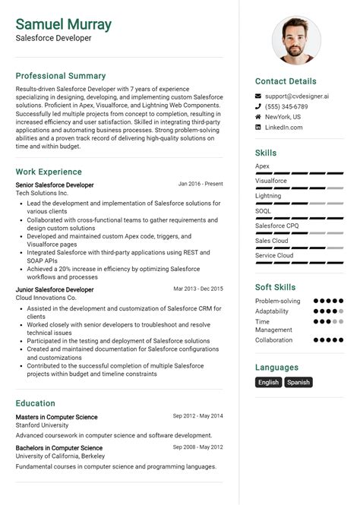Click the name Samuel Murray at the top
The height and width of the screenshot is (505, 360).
[63, 24]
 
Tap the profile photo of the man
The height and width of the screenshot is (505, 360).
[296, 40]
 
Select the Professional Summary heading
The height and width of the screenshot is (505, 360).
[61, 76]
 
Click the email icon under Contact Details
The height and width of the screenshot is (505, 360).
[258, 96]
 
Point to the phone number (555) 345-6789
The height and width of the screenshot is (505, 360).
[286, 107]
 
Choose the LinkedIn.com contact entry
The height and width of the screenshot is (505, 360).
[284, 128]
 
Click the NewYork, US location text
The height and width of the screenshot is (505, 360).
[283, 117]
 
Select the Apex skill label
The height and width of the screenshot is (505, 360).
[262, 166]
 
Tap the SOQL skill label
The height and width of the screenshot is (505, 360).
[264, 210]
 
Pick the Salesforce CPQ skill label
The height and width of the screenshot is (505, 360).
[276, 226]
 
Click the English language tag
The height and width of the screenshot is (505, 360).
[268, 382]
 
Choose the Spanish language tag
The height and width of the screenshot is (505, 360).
[298, 382]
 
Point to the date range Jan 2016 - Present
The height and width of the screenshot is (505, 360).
[201, 184]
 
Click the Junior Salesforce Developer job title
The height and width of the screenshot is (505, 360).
[55, 289]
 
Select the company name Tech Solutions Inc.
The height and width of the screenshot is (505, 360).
[42, 194]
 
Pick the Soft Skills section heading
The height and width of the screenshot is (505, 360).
[275, 287]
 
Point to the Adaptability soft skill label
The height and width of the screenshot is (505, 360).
[272, 311]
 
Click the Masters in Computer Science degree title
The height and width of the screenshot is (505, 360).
[56, 417]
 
